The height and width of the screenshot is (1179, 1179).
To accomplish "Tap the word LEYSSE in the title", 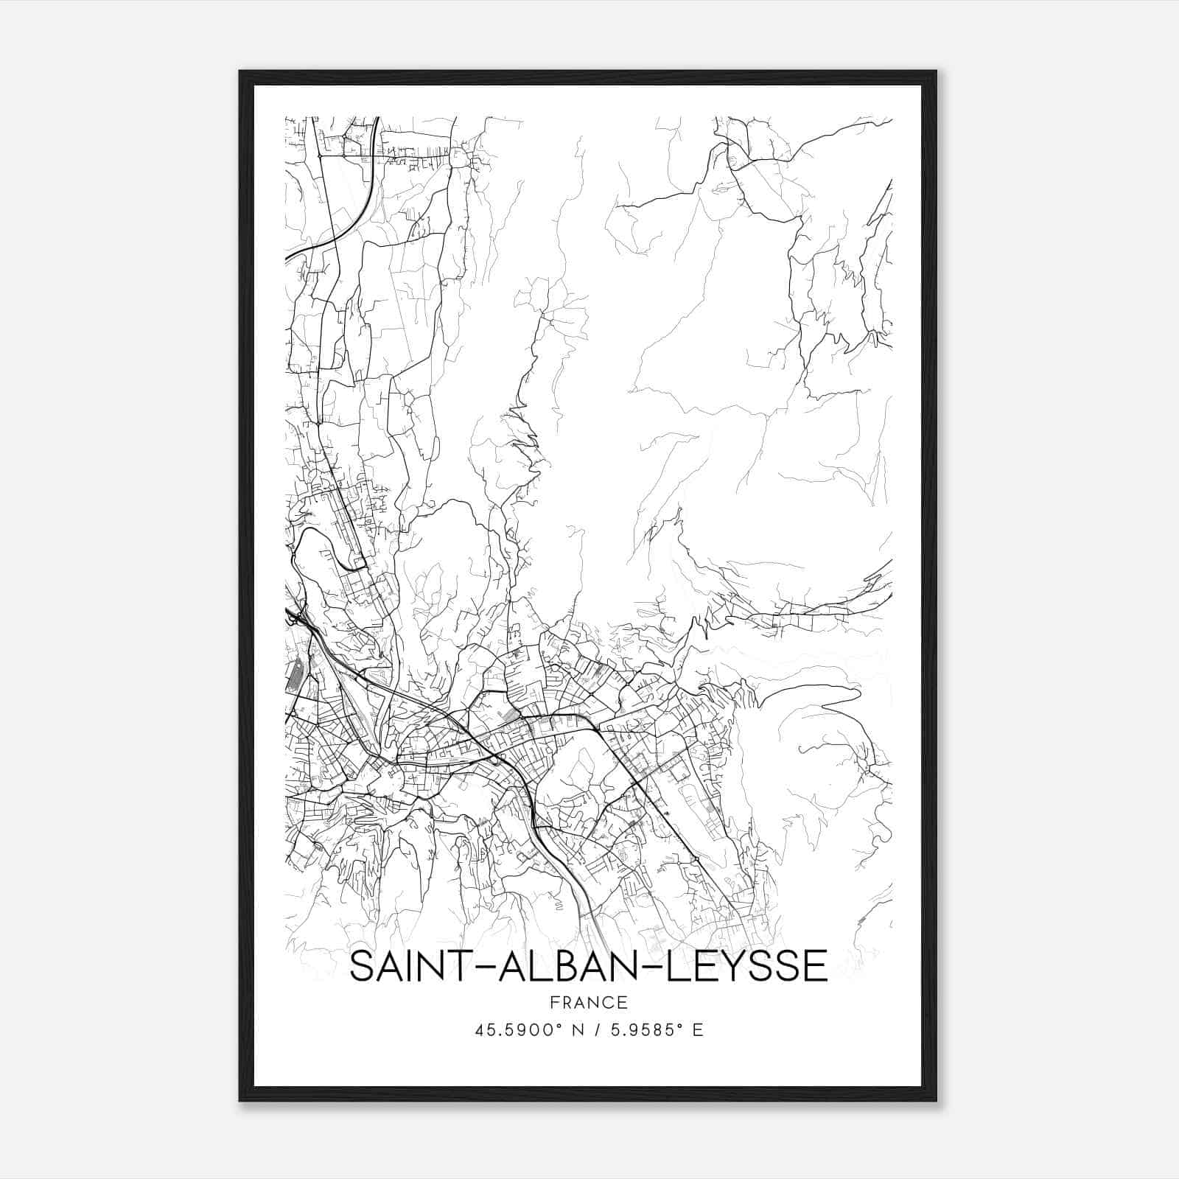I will (748, 966).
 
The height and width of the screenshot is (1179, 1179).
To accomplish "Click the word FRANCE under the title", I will (588, 1003).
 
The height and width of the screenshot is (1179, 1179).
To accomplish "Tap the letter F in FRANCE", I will (554, 1003).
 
